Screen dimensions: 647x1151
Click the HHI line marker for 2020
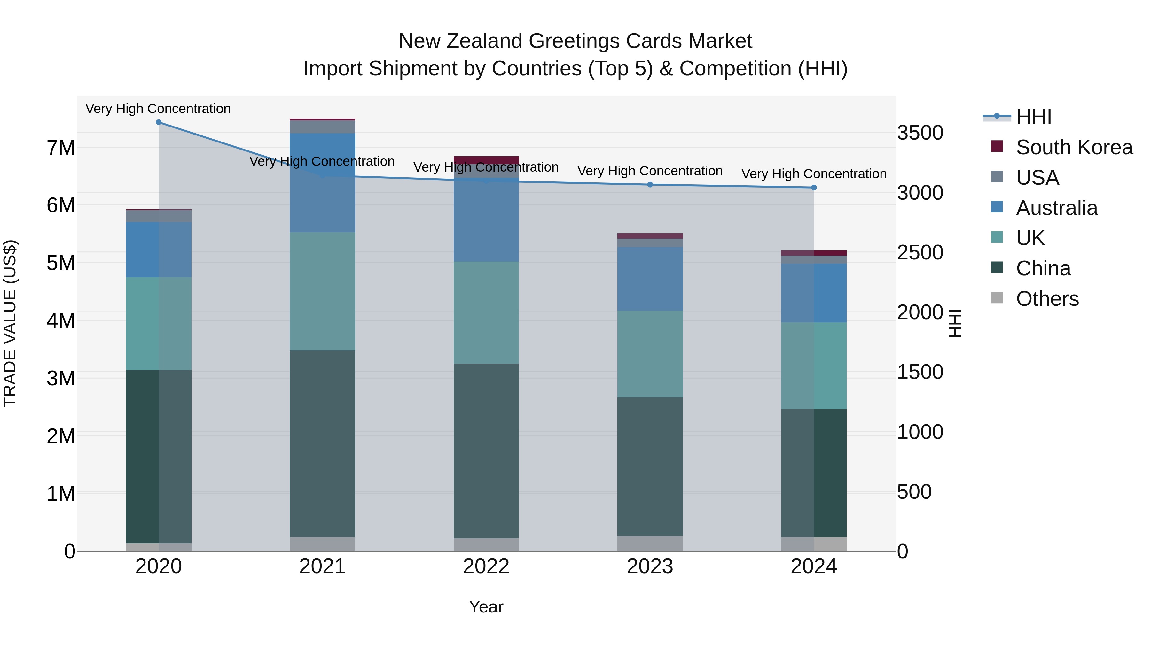pos(159,122)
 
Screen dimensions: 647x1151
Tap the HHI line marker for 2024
pos(814,188)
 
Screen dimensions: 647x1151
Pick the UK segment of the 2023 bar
pos(650,354)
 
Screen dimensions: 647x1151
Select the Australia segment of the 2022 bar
pos(486,220)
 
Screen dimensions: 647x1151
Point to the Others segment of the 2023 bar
pos(650,543)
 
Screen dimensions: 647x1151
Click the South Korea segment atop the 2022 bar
pos(486,160)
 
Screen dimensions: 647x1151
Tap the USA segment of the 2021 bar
pos(322,127)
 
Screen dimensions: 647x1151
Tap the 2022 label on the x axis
pos(486,566)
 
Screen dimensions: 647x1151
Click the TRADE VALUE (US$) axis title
pos(10,323)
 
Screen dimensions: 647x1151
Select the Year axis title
pos(486,607)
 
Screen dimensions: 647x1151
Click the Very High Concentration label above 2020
pos(158,109)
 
